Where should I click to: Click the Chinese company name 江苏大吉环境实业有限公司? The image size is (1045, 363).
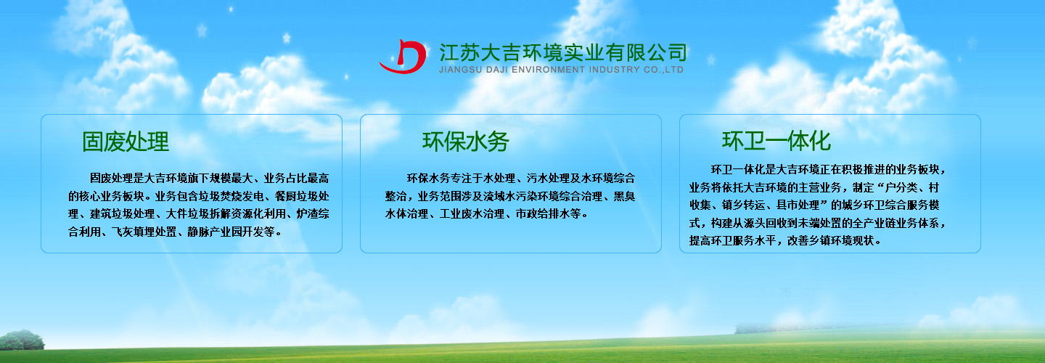pyautogui.click(x=562, y=52)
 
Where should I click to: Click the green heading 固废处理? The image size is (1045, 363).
pyautogui.click(x=126, y=142)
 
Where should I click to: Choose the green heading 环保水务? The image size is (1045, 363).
pyautogui.click(x=466, y=142)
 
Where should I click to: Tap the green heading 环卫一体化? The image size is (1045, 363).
pyautogui.click(x=776, y=140)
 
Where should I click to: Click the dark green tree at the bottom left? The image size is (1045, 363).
pyautogui.click(x=22, y=340)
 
